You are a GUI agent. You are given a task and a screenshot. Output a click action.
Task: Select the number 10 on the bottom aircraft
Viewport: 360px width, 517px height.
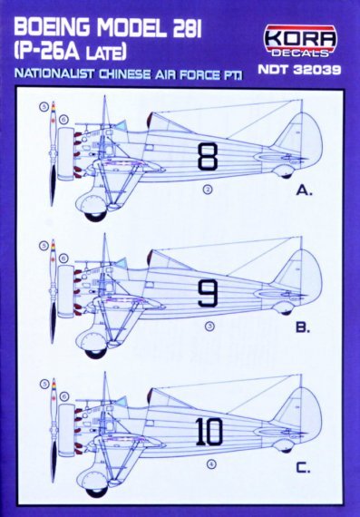208,432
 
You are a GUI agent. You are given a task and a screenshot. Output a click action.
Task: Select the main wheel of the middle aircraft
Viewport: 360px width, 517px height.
93,344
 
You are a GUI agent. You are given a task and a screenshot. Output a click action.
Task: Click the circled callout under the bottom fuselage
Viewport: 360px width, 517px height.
211,465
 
